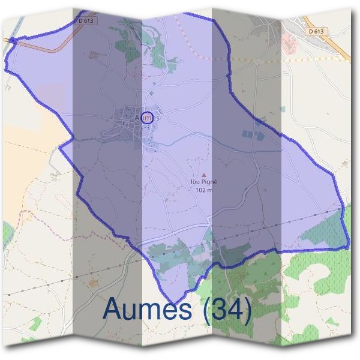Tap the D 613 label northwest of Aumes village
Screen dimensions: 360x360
87,21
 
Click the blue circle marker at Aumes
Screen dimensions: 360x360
149,116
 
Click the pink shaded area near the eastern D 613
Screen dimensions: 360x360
290,42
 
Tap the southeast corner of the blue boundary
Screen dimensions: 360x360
349,246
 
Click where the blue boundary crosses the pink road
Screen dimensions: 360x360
13,41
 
